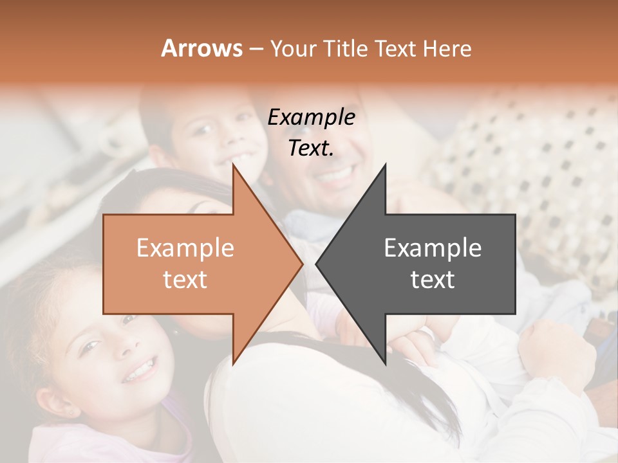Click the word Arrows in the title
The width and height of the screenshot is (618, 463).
[x=201, y=48]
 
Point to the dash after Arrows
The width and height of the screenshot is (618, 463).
[x=256, y=49]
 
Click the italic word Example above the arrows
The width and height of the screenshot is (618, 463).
[x=311, y=118]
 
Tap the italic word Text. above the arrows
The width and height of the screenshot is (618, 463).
[x=311, y=148]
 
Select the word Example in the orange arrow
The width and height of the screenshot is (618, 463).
[x=185, y=248]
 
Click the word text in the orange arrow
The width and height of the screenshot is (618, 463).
[x=185, y=279]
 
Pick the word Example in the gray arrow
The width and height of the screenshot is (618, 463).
[x=433, y=248]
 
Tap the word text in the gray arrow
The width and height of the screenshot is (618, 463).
[x=433, y=279]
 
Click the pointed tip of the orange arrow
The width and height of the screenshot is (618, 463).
[x=303, y=264]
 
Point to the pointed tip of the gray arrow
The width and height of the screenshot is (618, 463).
[x=316, y=264]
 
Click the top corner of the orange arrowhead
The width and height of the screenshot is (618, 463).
[x=233, y=164]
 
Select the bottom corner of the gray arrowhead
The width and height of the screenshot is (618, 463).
[x=385, y=364]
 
